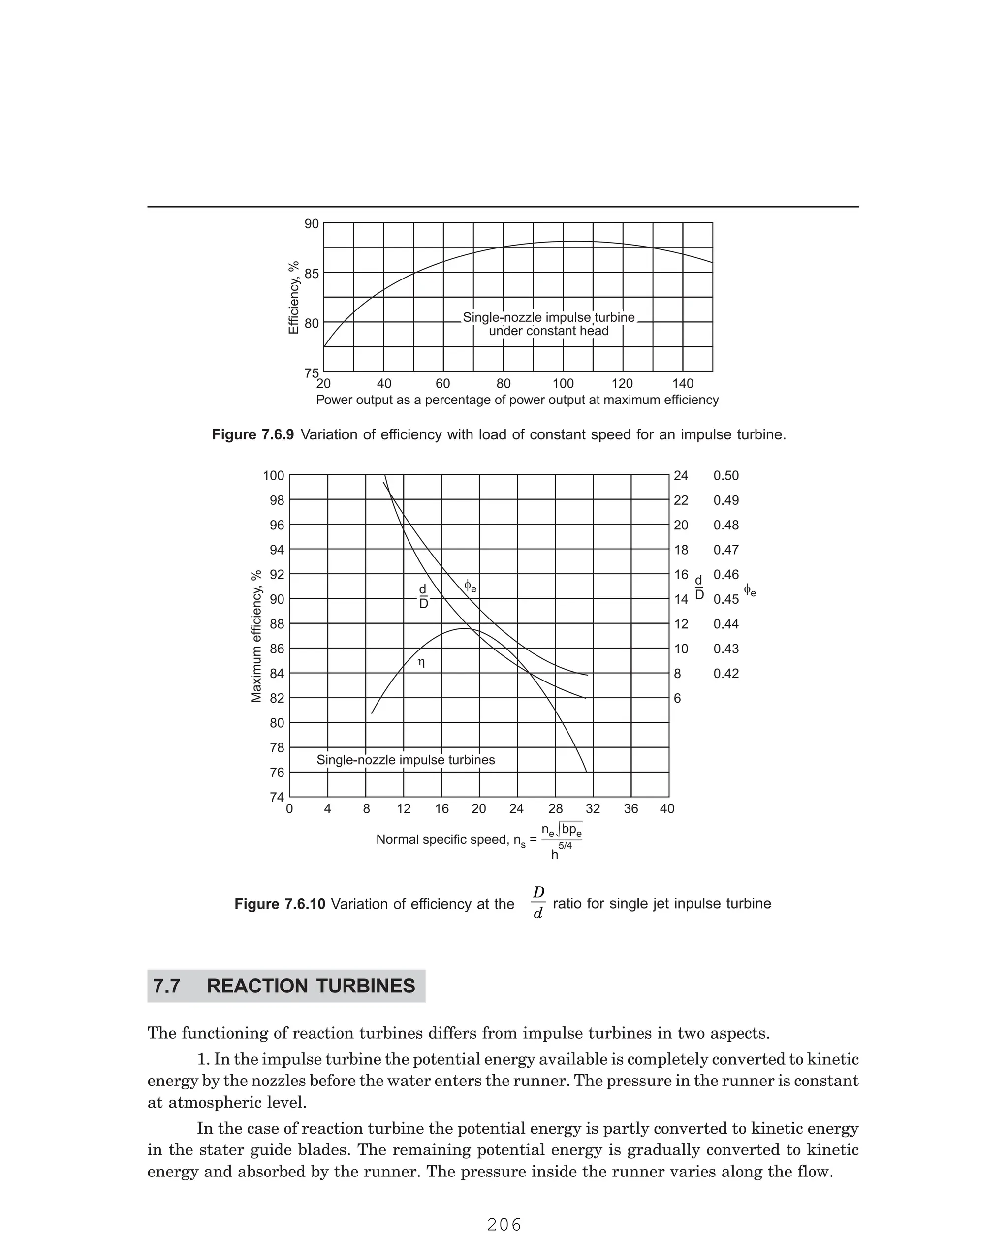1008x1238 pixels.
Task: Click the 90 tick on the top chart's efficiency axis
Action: click(312, 224)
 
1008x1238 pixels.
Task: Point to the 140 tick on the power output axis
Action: click(683, 384)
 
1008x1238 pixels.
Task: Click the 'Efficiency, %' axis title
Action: click(294, 297)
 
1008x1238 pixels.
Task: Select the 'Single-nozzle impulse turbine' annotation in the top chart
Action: click(549, 318)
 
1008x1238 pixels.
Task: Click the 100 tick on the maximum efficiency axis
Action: click(274, 476)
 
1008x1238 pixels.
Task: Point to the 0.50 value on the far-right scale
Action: click(726, 476)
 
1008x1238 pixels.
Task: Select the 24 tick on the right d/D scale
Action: click(681, 476)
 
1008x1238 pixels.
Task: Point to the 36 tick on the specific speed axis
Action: click(630, 809)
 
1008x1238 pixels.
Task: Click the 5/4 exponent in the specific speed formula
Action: click(565, 846)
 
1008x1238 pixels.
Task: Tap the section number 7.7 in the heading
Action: click(167, 986)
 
